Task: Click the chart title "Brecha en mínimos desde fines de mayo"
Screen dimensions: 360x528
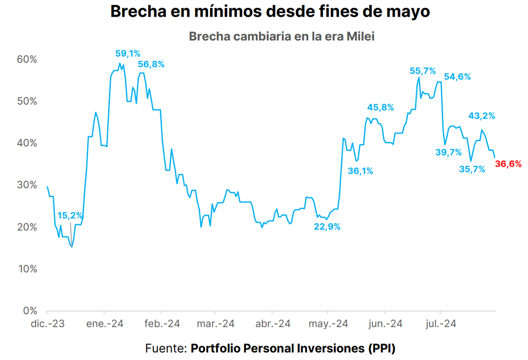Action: [270, 12]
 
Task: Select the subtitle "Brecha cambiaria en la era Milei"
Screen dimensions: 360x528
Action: [282, 36]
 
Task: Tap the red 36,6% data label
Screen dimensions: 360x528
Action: [508, 164]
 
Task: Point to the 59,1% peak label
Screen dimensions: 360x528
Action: [128, 54]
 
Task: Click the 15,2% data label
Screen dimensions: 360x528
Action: [70, 216]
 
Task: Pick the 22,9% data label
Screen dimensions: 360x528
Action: [327, 227]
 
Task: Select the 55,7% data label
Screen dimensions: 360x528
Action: [422, 70]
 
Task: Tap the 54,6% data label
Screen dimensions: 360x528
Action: [457, 77]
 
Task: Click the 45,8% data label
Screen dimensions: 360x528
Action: [381, 107]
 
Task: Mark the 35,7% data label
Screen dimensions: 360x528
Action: [472, 169]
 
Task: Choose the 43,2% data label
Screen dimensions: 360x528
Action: [481, 116]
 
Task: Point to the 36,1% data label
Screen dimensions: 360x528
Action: [360, 171]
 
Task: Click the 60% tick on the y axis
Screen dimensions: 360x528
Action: [27, 59]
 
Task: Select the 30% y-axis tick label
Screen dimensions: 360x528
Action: [27, 185]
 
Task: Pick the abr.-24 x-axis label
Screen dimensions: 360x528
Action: [273, 324]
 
